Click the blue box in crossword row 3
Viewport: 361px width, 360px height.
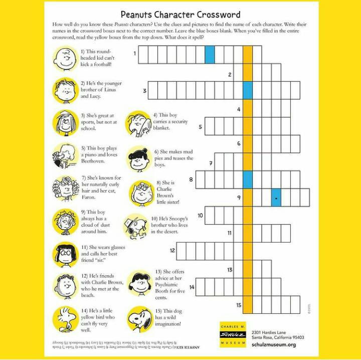coord(248,90)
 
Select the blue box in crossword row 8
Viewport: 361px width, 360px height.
coord(248,179)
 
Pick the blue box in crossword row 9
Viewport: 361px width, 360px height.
coord(276,197)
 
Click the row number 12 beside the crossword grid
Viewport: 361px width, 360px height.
coord(172,250)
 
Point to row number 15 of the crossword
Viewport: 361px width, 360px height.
coord(239,305)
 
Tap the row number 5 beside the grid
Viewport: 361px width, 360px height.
coord(200,126)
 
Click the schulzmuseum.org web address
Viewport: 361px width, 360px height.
coord(274,345)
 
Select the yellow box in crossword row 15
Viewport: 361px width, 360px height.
coord(248,304)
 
